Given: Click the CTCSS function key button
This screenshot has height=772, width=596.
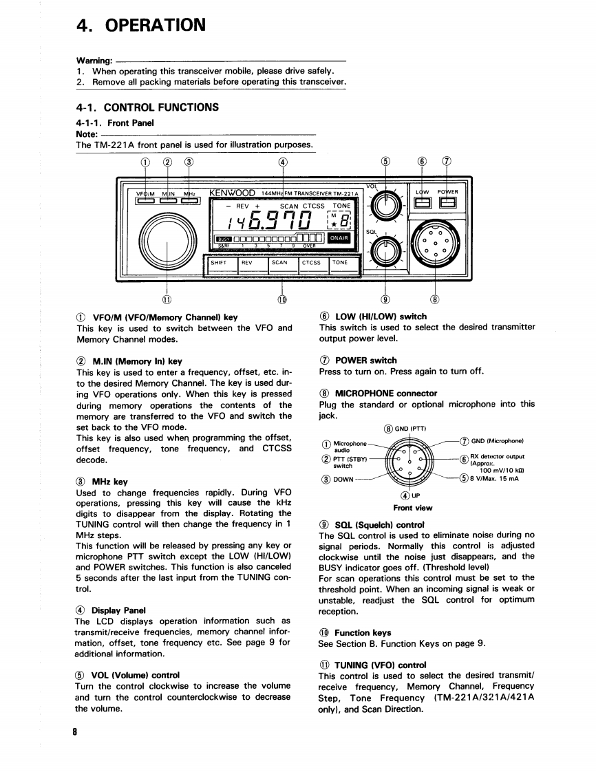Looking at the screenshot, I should [312, 262].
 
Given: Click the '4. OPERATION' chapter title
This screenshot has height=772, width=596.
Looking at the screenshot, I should [141, 26].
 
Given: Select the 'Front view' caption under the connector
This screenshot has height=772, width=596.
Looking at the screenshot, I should [413, 508].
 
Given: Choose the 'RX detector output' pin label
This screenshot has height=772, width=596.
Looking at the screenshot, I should [497, 455].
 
